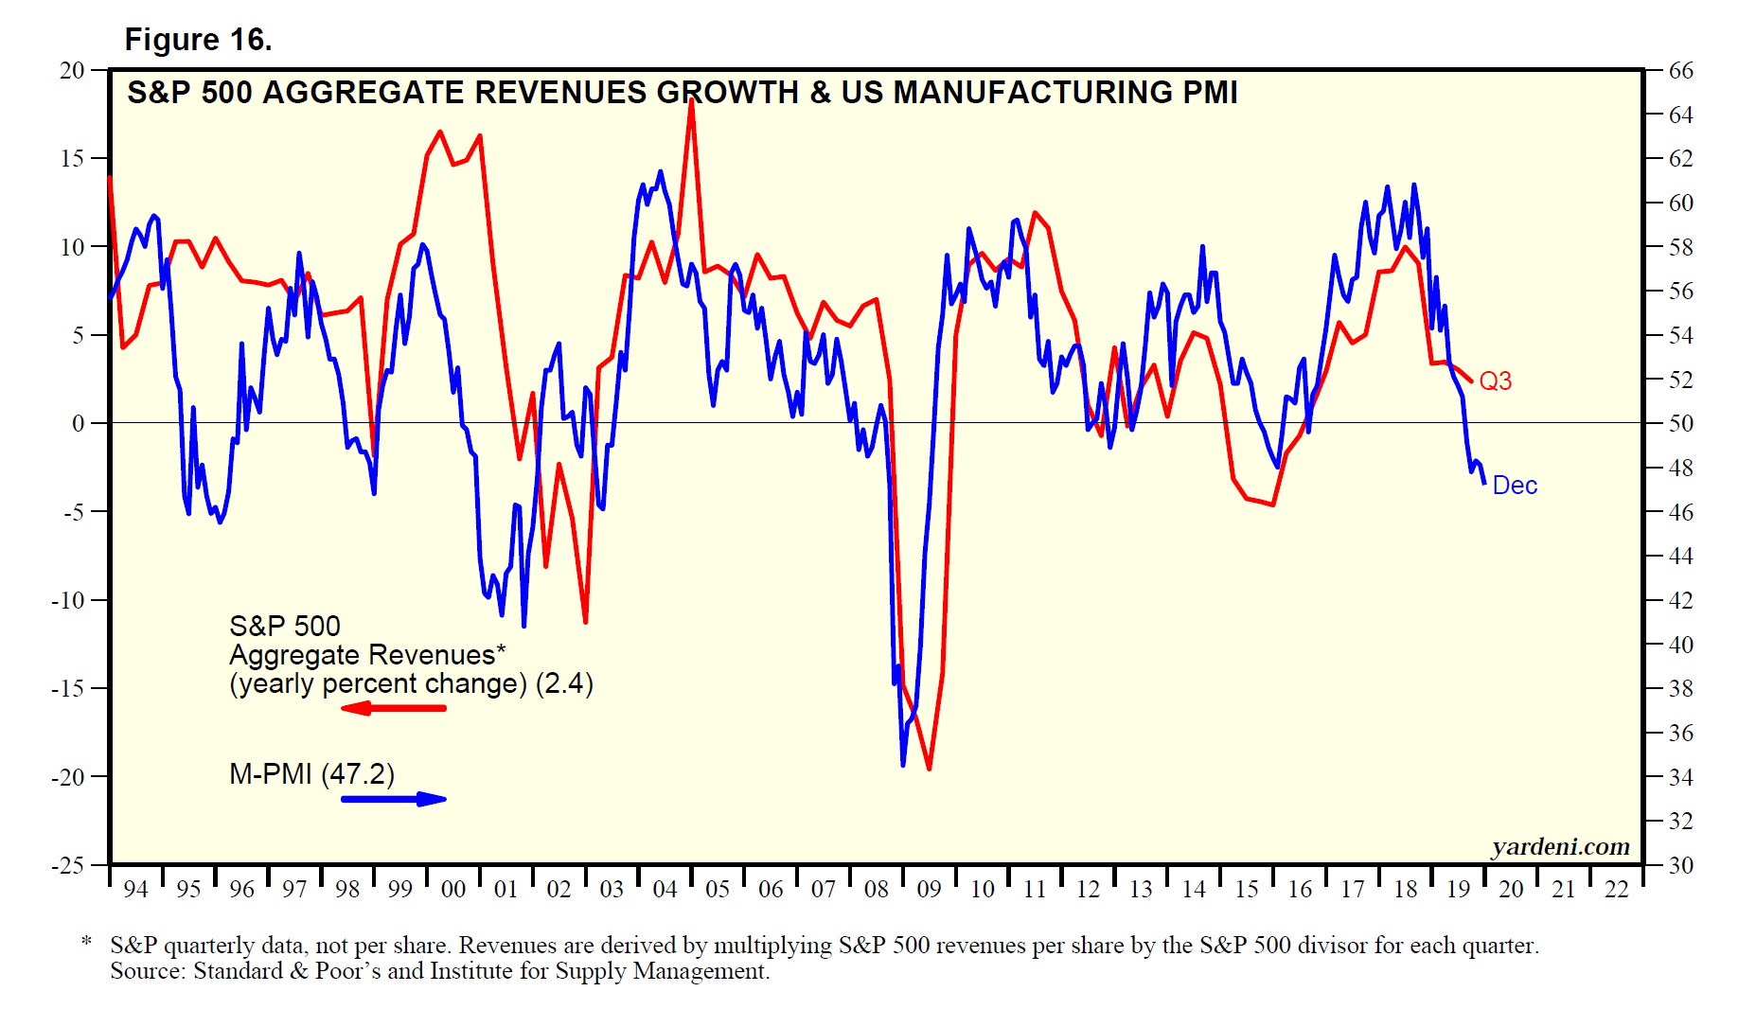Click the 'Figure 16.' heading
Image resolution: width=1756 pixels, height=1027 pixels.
198,40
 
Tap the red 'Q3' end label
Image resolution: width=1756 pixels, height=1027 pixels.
1495,381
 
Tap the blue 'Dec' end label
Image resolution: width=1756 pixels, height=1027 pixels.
1515,486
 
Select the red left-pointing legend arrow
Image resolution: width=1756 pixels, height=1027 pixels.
393,708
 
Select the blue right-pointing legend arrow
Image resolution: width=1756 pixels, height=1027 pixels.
394,799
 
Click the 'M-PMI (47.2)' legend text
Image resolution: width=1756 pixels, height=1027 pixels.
311,774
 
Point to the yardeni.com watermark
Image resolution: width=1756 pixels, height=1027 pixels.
1560,846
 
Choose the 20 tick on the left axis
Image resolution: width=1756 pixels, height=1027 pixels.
72,71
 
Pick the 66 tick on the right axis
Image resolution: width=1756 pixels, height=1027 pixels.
1680,71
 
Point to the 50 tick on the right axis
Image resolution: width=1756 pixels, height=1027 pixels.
1680,424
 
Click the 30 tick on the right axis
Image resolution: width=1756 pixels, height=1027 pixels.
1680,865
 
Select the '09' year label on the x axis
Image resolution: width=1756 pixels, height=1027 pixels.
930,890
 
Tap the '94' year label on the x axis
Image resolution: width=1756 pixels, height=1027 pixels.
136,890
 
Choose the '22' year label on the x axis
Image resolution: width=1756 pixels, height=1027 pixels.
1617,890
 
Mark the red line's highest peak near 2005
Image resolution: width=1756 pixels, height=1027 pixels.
692,99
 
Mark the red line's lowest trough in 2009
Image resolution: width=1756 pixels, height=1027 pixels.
929,769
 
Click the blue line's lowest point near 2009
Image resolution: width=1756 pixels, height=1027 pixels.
903,765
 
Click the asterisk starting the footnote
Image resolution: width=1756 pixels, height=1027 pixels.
87,942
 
